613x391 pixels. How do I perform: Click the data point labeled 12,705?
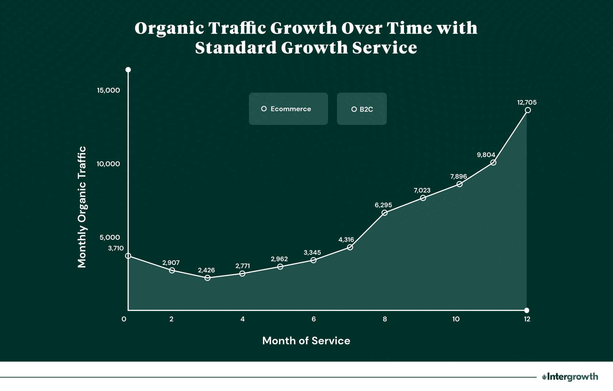[x=527, y=110]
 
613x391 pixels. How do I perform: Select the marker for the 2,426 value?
[x=208, y=278]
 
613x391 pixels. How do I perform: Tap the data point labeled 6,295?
[x=384, y=212]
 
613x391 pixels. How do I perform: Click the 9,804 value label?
[x=486, y=155]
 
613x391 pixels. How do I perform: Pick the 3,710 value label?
[x=116, y=248]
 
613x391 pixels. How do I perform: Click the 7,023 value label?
[x=422, y=190]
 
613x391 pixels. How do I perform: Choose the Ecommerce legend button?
[x=288, y=109]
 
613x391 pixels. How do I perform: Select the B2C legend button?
[x=362, y=109]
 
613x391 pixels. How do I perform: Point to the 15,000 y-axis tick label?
[x=109, y=90]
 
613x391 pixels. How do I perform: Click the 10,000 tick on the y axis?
[x=109, y=164]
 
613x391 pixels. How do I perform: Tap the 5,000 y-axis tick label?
[x=110, y=238]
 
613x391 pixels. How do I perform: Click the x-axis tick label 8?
[x=385, y=319]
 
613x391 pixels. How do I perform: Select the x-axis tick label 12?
[x=527, y=319]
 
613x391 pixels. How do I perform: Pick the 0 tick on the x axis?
[x=124, y=319]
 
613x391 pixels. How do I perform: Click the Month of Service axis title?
[x=306, y=341]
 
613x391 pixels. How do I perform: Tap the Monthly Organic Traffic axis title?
[x=82, y=207]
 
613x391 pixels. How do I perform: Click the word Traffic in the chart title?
[x=237, y=28]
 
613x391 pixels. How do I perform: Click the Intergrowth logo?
[x=570, y=377]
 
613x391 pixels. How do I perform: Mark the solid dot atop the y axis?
[x=128, y=70]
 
